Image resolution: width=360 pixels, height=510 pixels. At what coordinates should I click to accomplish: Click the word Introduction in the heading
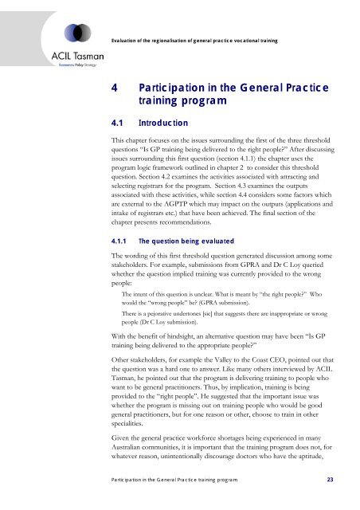tap(163, 124)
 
